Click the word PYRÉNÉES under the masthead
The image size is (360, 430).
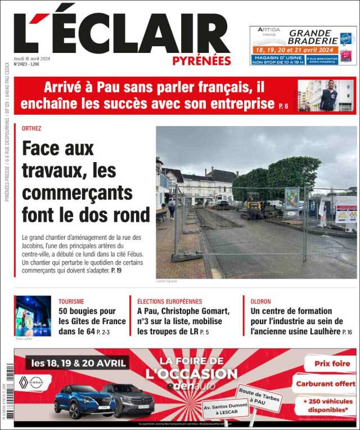tap(201, 61)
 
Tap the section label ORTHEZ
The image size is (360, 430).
tap(31, 128)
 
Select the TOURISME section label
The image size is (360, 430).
tap(71, 302)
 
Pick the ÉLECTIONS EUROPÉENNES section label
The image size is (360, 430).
tap(169, 302)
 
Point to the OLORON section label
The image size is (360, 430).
tap(260, 302)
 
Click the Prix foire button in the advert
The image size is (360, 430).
tap(332, 364)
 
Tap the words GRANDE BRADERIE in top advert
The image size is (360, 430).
tap(312, 37)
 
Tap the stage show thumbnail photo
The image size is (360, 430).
tap(33, 316)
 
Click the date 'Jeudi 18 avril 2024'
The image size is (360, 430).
tap(31, 58)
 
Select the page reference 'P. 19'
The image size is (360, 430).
tap(116, 271)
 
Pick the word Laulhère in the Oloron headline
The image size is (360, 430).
tap(325, 332)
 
